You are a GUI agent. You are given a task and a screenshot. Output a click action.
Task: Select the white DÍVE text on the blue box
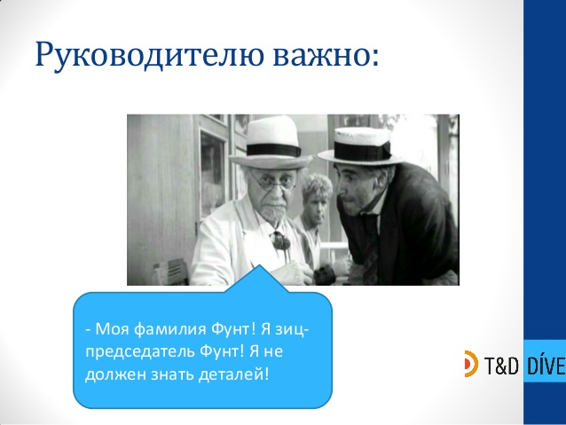[545, 363]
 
